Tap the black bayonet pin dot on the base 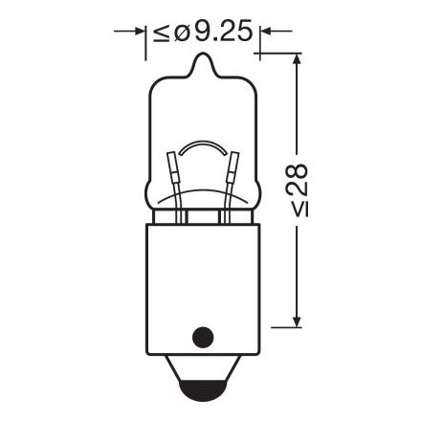(x=201, y=336)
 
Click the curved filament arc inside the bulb (x=202, y=146)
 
